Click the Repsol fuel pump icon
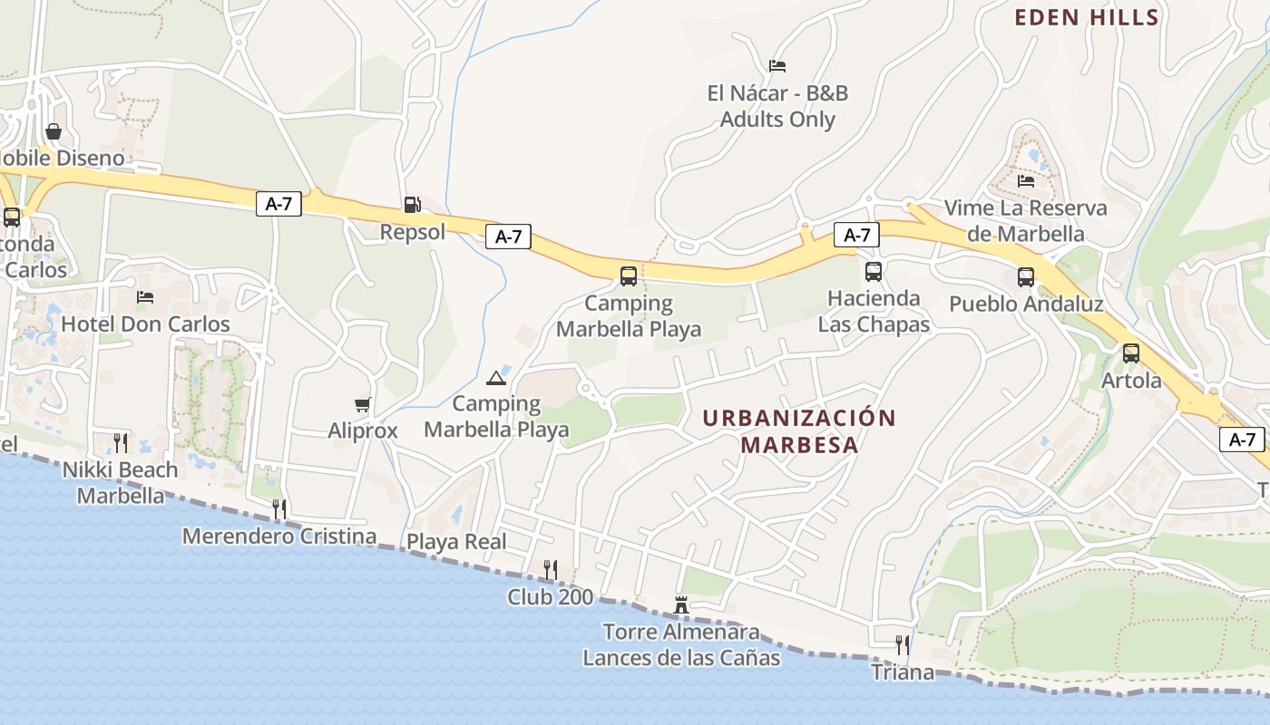[412, 205]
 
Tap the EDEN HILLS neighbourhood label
[1086, 17]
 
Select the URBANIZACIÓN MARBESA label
[798, 431]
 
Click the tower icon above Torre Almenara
[681, 604]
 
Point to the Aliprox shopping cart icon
[362, 404]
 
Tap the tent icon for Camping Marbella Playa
[495, 377]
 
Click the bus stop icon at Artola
[1130, 353]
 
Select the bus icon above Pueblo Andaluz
[1025, 276]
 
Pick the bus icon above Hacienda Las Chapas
[873, 271]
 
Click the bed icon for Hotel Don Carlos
[144, 297]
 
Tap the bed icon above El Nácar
[777, 66]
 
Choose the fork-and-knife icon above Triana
[902, 645]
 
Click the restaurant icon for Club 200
[550, 569]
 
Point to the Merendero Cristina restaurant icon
[279, 508]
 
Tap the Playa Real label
[455, 542]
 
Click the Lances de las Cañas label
[680, 657]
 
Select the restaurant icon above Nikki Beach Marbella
[120, 442]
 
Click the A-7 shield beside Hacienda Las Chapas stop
[856, 236]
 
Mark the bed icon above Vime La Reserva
[1025, 180]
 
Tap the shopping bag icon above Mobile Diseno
[54, 131]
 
